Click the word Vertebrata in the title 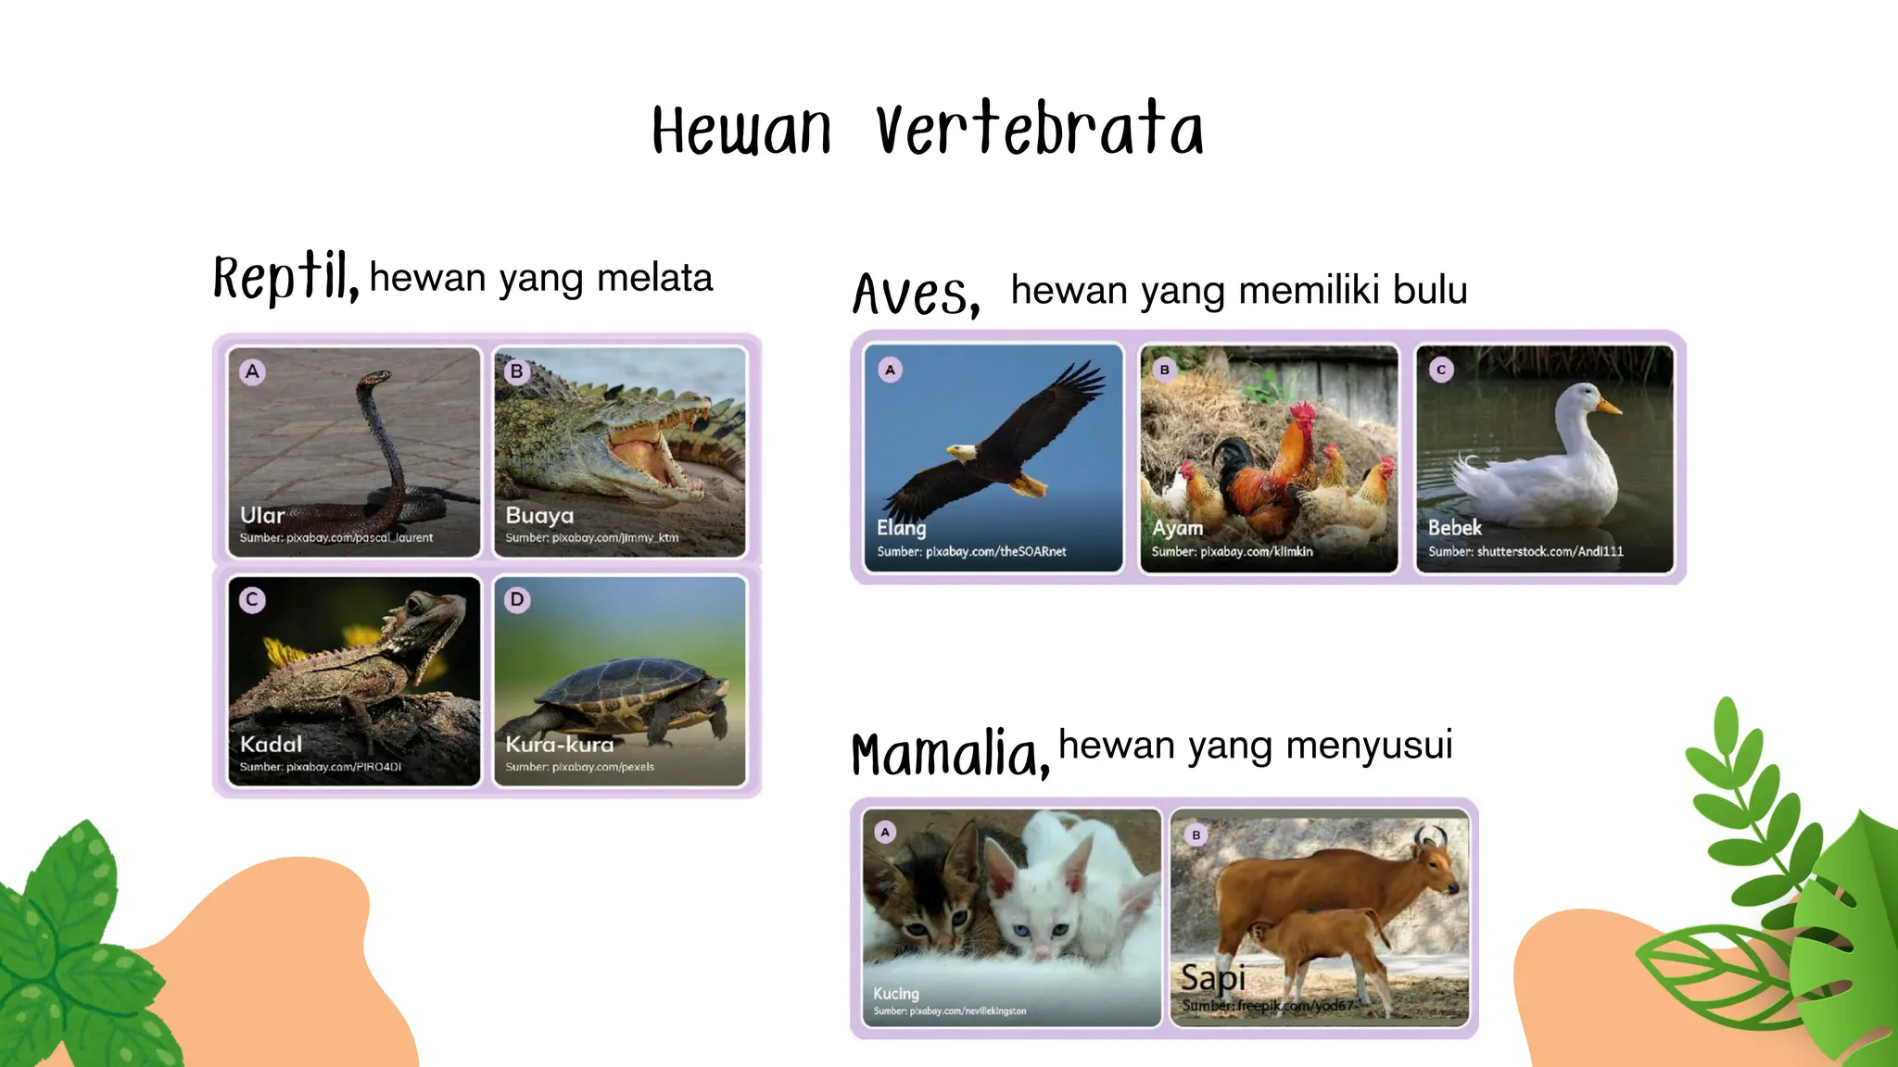point(1040,130)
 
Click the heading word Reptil point(285,277)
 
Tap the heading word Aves point(916,294)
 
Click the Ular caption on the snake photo point(262,515)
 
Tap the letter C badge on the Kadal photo point(252,599)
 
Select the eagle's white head point(961,452)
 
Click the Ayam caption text point(1177,528)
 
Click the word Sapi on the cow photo point(1212,977)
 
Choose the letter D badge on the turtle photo point(517,599)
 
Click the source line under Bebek point(1525,551)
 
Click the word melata point(654,278)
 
